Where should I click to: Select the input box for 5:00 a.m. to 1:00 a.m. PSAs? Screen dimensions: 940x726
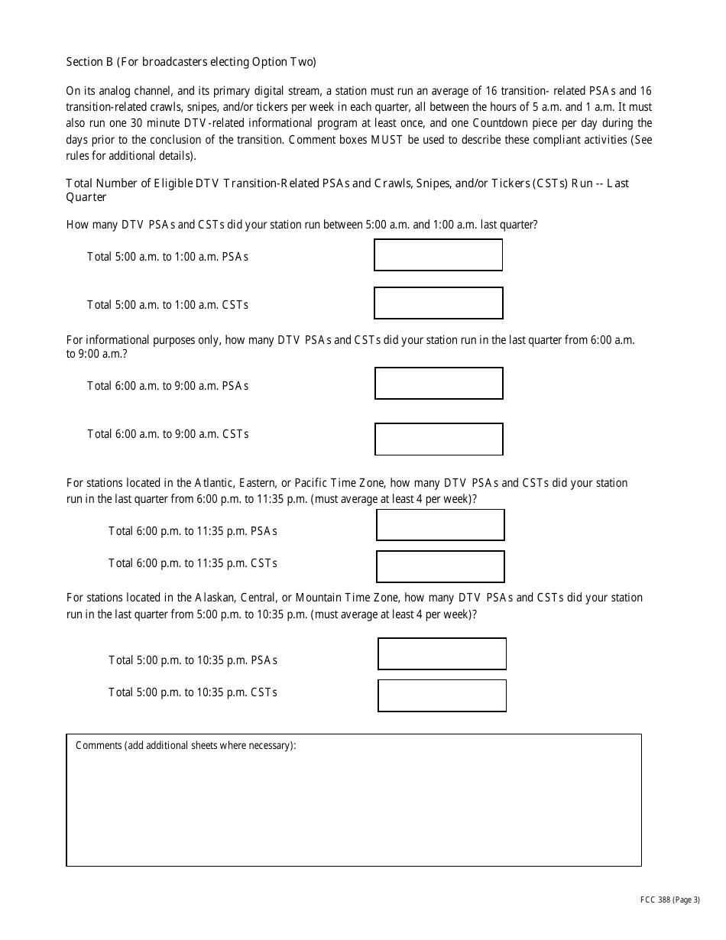(x=438, y=255)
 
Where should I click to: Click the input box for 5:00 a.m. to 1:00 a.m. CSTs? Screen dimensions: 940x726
(x=438, y=303)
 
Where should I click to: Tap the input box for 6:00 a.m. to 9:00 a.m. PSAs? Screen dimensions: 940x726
(x=439, y=384)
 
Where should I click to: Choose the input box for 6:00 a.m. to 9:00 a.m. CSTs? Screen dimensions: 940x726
(x=439, y=439)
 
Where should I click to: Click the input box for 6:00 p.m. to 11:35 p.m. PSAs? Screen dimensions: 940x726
(x=440, y=525)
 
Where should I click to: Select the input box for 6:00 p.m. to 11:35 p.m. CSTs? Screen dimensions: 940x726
(x=440, y=566)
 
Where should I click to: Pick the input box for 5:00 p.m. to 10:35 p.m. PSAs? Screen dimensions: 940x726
(x=442, y=654)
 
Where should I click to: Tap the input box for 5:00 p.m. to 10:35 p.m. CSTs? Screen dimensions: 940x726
(x=442, y=695)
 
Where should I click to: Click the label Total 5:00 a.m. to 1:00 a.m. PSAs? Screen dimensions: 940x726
(x=167, y=257)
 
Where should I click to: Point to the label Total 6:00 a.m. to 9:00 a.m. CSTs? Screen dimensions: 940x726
(x=167, y=434)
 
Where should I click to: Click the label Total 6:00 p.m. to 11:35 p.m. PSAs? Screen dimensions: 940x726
(x=193, y=530)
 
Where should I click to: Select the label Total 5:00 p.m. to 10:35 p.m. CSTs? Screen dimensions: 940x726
(x=193, y=692)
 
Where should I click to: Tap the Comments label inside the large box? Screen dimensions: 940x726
(x=186, y=746)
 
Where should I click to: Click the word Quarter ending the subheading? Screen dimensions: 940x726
(x=86, y=197)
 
